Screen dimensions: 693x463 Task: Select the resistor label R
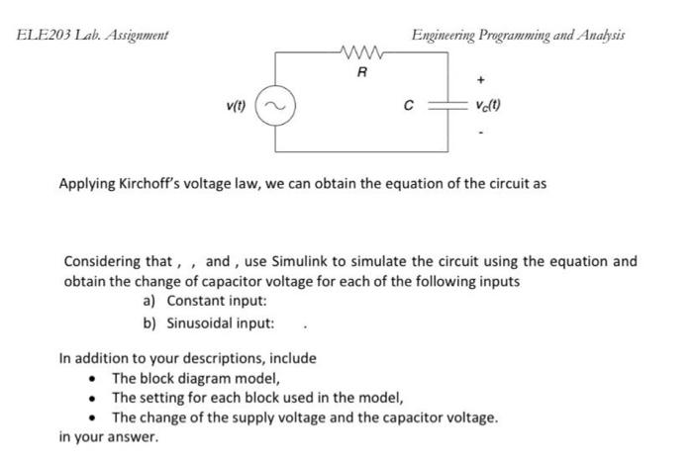pyautogui.click(x=361, y=71)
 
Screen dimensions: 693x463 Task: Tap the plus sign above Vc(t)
pyautogui.click(x=482, y=75)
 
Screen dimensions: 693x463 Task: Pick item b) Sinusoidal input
pyautogui.click(x=209, y=323)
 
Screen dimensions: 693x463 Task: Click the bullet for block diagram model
pyautogui.click(x=93, y=379)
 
